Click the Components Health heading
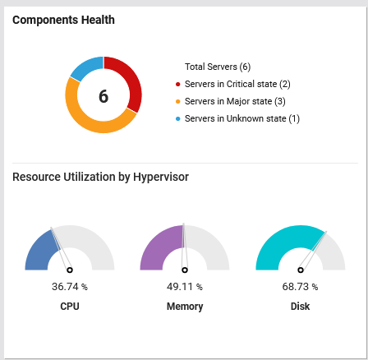tap(63, 20)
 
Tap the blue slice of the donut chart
tap(85, 67)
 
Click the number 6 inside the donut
tap(103, 96)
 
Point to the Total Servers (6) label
tap(218, 67)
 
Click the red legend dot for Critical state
tap(177, 84)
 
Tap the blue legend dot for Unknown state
tap(177, 118)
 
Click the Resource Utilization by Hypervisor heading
tap(100, 177)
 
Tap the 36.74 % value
tap(70, 287)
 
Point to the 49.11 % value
tap(185, 287)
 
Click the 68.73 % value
tap(300, 287)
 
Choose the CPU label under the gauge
tap(70, 307)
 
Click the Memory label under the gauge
tap(185, 307)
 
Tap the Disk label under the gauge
tap(300, 307)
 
